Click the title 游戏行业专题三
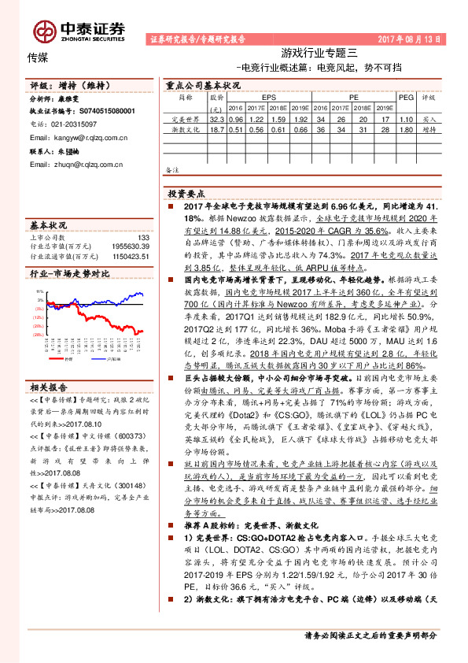(319, 53)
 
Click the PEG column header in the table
(406, 98)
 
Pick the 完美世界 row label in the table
(184, 119)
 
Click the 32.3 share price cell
(218, 119)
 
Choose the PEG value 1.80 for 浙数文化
(406, 130)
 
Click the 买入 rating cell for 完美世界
(429, 119)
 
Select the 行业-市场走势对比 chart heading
(69, 273)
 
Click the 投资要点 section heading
(186, 192)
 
